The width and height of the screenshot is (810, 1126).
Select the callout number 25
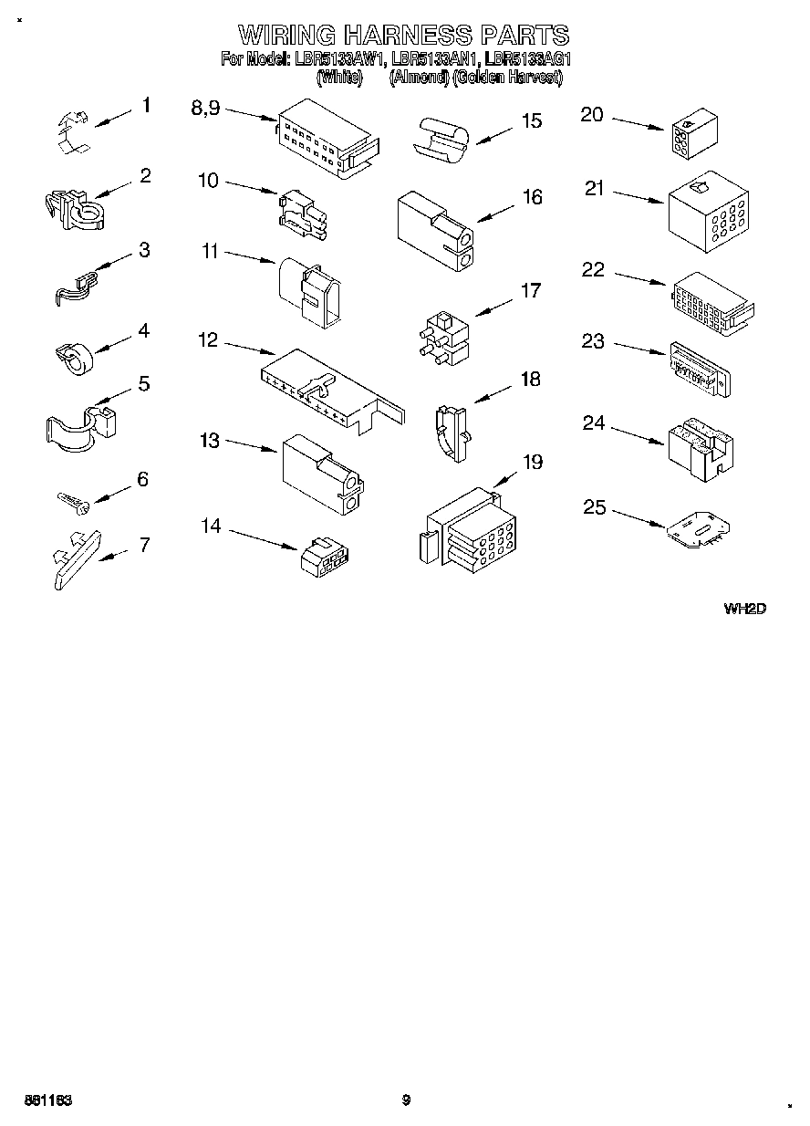pos(595,507)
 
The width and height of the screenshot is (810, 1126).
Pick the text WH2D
pos(743,609)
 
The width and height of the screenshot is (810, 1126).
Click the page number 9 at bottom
pos(406,1100)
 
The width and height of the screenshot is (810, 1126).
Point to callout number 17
pos(530,291)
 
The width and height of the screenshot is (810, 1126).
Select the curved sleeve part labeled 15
pos(441,138)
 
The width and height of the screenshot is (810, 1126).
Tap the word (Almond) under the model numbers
pos(419,78)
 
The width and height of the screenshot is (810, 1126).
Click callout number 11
pos(211,251)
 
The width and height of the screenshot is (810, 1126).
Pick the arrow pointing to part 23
pos(639,349)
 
